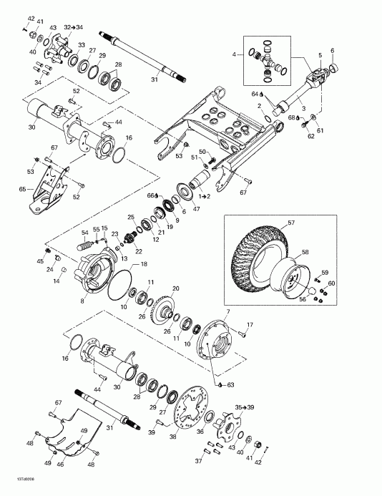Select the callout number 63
click(231, 385)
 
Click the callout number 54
click(84, 232)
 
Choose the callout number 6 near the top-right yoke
click(331, 49)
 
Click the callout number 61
click(320, 130)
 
